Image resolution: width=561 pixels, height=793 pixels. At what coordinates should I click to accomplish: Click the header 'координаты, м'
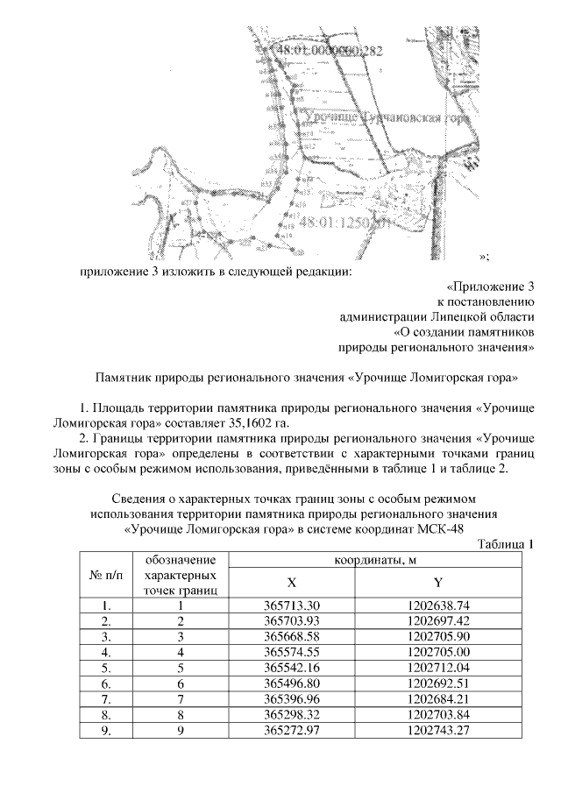pyautogui.click(x=365, y=560)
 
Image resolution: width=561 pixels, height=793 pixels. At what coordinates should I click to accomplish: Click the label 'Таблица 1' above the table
pyautogui.click(x=506, y=544)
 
